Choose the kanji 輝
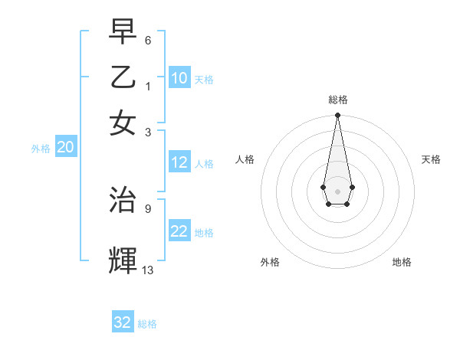[x=123, y=260]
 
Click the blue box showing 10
[x=179, y=78]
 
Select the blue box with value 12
[x=179, y=162]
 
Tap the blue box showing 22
[x=179, y=231]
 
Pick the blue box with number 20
[x=65, y=148]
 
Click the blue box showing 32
[x=123, y=322]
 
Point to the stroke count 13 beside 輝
[x=148, y=270]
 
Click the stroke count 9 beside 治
[x=147, y=208]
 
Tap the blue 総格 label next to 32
[x=147, y=324]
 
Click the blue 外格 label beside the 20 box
[x=40, y=149]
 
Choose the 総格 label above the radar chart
[x=337, y=100]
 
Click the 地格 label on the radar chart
[x=402, y=262]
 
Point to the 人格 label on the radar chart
[x=245, y=159]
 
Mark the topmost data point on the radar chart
[x=337, y=116]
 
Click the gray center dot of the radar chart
[x=337, y=191]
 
